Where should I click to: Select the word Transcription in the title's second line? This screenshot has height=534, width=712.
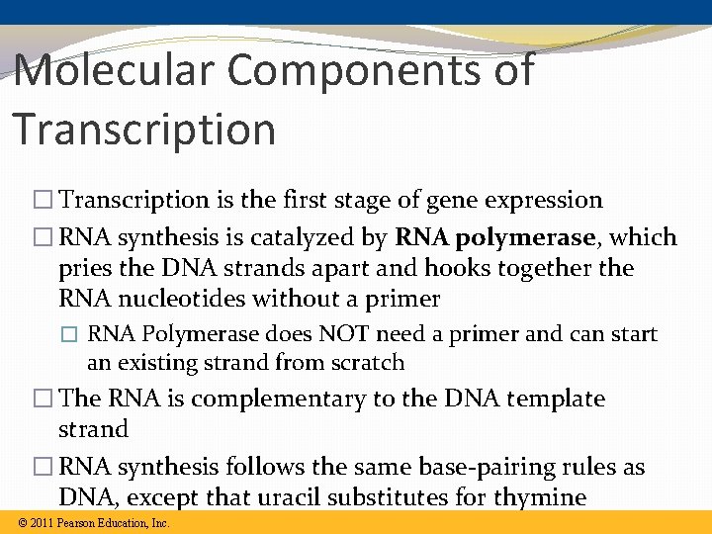coord(144,130)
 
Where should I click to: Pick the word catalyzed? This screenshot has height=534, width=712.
coord(307,237)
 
